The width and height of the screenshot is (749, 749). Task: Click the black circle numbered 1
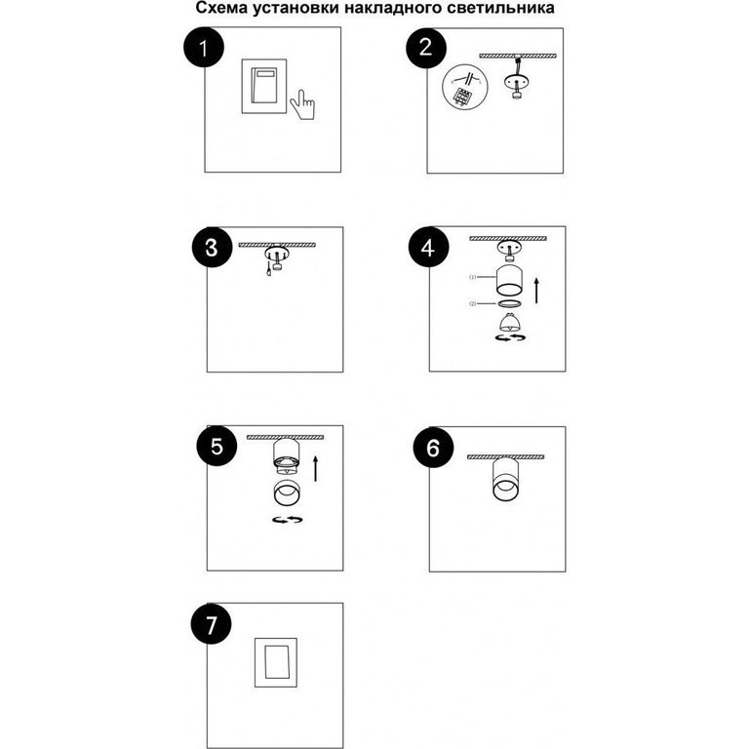click(204, 48)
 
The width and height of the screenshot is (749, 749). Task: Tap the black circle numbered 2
click(426, 48)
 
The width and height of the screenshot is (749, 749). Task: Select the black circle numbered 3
click(212, 248)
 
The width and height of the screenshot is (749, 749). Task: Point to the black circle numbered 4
click(428, 248)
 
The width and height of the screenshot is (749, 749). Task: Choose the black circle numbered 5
click(217, 446)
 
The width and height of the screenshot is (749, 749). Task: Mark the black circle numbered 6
click(433, 448)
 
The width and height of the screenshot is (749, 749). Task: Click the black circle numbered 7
click(211, 624)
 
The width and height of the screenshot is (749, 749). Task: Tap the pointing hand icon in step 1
click(303, 104)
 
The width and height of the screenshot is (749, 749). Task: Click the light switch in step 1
click(264, 87)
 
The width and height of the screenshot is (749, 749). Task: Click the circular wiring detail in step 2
click(465, 87)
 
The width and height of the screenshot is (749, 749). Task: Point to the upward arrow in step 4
click(537, 291)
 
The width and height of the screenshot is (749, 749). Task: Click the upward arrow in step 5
click(315, 468)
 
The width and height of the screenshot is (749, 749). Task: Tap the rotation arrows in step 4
click(510, 337)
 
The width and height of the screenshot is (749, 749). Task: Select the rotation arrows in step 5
click(287, 519)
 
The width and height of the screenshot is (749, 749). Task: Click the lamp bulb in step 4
click(510, 323)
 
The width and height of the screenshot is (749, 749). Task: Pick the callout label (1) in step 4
click(472, 277)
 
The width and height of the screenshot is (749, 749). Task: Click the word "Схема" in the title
click(221, 8)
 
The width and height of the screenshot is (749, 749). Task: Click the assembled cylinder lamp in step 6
click(505, 480)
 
